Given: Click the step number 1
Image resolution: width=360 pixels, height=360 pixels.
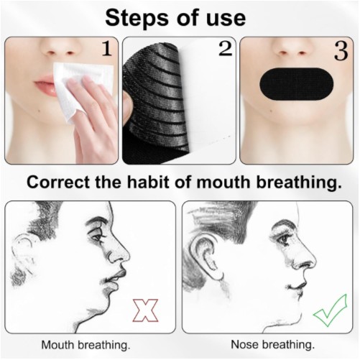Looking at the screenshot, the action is [107, 48].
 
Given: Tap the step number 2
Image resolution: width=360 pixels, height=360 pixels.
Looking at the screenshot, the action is [226, 48].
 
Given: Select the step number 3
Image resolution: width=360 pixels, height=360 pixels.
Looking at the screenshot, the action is [341, 52].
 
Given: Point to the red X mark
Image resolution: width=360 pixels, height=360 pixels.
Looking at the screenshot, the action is [145, 310].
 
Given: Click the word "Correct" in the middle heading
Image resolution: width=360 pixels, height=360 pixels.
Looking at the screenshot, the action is [59, 183].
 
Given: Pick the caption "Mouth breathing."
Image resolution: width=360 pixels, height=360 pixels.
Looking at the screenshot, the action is [86, 346].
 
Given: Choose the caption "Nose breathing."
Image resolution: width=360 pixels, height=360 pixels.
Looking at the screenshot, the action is [273, 345].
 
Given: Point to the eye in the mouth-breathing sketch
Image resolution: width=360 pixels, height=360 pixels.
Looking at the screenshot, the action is [98, 238].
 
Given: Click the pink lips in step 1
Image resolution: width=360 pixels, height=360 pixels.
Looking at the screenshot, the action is [46, 86].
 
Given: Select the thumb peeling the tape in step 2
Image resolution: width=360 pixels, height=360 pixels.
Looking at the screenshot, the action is [127, 106].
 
